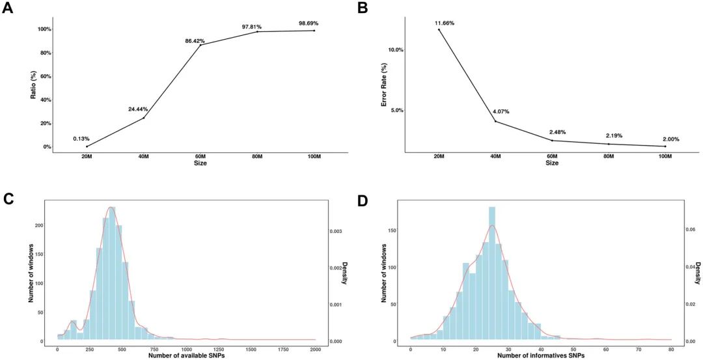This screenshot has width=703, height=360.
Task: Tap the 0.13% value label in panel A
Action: (82, 138)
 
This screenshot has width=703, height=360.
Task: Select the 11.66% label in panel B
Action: (445, 23)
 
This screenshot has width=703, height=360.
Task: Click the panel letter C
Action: (8, 197)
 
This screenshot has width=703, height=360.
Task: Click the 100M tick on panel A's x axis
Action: (314, 157)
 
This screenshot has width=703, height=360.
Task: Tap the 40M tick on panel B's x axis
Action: (495, 157)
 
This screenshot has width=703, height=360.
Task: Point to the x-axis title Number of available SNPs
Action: (187, 356)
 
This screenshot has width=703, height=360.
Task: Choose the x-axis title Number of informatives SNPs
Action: (540, 356)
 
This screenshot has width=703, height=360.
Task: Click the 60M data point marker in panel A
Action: (200, 45)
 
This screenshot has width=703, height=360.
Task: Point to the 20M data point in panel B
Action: (439, 29)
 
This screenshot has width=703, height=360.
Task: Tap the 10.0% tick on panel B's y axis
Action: (394, 49)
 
